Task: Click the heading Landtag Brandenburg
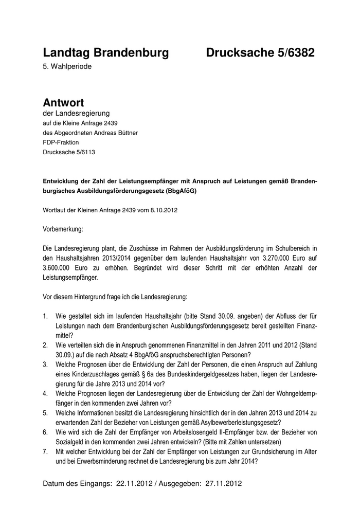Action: pos(106,52)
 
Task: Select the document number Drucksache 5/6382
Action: pos(260,52)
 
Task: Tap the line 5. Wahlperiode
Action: pos(67,67)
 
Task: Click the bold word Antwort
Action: pos(63,102)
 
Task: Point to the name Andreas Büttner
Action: pos(114,132)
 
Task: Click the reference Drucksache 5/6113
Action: pos(69,152)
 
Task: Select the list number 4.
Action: pos(46,393)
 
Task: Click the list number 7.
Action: pos(46,451)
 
